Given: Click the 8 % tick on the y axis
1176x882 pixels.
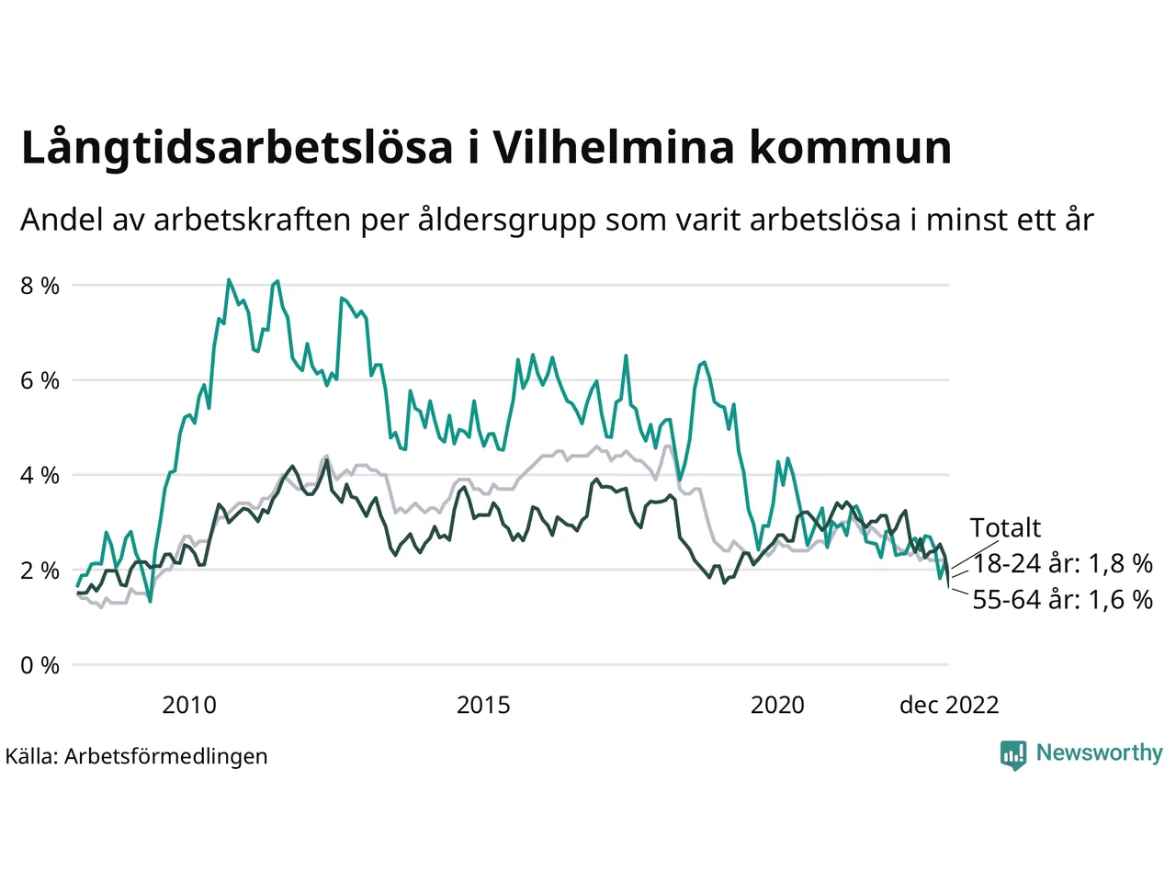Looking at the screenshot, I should click(x=40, y=286).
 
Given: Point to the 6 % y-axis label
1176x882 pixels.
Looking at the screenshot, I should click(x=40, y=380).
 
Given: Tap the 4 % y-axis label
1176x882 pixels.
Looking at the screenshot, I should click(x=40, y=475).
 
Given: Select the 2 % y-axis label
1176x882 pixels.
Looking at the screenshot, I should click(x=40, y=570).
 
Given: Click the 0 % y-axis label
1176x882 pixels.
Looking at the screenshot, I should click(x=40, y=665).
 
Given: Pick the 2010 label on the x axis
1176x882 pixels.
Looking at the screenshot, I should click(x=189, y=705).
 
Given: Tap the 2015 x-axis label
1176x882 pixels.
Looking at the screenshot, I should click(x=483, y=705).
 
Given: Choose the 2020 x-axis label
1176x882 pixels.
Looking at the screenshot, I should click(x=777, y=705).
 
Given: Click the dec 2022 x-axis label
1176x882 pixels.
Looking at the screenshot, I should click(x=948, y=705).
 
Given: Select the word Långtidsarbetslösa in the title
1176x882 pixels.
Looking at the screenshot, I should click(x=237, y=149).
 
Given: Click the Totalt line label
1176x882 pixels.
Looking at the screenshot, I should click(x=1005, y=527).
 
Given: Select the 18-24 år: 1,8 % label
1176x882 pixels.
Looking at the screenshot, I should click(x=1062, y=563).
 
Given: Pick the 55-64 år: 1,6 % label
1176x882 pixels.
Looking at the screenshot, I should click(x=1062, y=599).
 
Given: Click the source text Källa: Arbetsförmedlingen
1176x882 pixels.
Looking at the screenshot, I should click(x=136, y=756).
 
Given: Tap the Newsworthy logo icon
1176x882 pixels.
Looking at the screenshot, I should click(x=1012, y=754).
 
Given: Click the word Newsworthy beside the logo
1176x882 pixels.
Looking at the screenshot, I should click(x=1099, y=752).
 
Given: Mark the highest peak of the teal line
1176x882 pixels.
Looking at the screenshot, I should click(x=228, y=279).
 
